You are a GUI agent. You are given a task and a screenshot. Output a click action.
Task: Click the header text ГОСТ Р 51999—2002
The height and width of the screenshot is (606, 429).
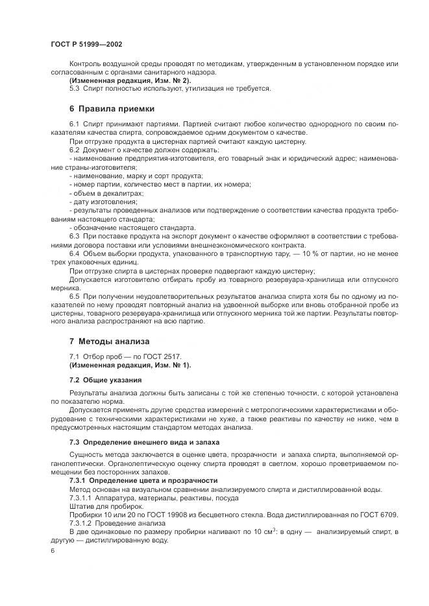pos(86,43)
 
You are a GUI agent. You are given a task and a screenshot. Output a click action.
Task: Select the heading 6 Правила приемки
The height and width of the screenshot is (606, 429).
pos(112,108)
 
